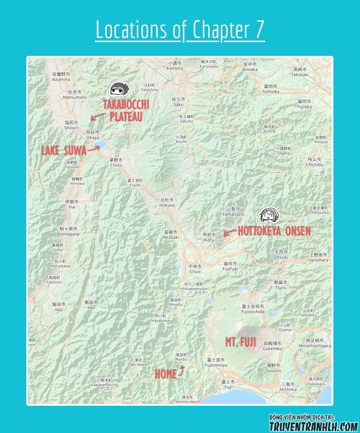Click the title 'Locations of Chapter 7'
point(180,30)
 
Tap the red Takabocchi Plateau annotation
point(126,111)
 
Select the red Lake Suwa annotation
point(63,150)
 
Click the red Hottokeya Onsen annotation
point(274,231)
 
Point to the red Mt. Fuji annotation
point(240,342)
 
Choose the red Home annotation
point(166,374)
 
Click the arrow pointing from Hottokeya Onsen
point(230,232)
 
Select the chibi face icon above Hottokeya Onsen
point(269,215)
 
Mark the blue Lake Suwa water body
point(100,144)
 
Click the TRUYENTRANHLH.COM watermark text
point(314,426)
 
